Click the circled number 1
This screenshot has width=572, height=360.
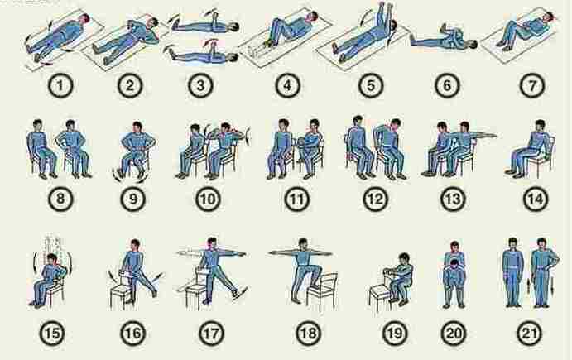(60, 86)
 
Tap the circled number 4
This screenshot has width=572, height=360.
(287, 86)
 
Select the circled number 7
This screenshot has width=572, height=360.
(532, 86)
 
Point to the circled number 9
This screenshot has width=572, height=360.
(133, 199)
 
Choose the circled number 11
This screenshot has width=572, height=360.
(296, 199)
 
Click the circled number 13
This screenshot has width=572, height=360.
(453, 199)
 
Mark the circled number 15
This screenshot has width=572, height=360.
(52, 334)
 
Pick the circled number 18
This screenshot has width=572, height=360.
(308, 334)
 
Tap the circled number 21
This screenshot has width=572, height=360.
(529, 334)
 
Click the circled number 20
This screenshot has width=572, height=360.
(454, 334)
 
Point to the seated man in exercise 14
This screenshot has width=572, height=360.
(530, 149)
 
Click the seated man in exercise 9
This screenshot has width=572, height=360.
(136, 150)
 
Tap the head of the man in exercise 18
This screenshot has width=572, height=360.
(303, 243)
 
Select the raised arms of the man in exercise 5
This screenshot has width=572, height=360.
(385, 14)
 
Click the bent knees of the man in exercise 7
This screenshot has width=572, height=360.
(510, 28)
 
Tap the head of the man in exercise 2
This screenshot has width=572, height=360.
(152, 23)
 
